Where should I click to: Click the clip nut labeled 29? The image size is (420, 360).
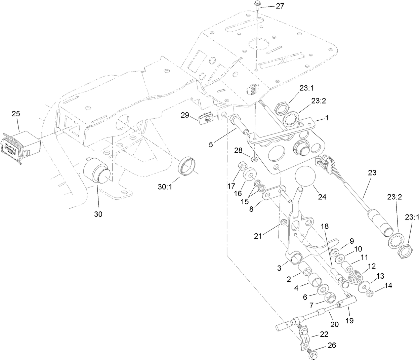(x=206, y=119)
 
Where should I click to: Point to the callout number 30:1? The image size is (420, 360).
(x=165, y=186)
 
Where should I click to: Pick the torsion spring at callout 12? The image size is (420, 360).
(x=355, y=277)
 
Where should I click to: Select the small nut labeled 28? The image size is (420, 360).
(x=255, y=158)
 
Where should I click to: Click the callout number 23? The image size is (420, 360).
(x=372, y=173)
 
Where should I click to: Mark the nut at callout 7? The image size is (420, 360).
(x=330, y=298)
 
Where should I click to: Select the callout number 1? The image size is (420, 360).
(x=327, y=118)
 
